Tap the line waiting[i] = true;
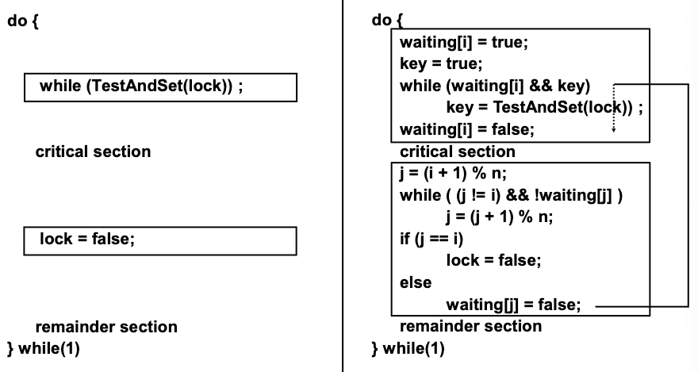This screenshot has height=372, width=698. click(x=463, y=43)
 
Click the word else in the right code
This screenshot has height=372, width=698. click(x=413, y=281)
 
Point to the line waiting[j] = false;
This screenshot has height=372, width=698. click(x=514, y=304)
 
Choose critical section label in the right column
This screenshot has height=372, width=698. click(x=457, y=151)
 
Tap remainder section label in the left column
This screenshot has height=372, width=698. click(x=106, y=327)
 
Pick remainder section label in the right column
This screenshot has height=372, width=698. click(x=470, y=326)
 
